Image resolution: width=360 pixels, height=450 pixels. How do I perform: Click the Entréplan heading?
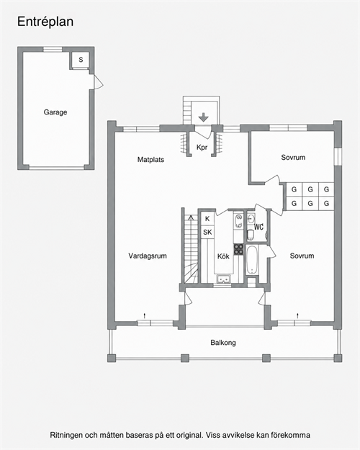pos(45,22)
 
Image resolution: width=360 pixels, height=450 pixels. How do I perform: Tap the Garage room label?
pos(55,112)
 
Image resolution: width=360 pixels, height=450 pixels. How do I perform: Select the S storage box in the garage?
pos(81,60)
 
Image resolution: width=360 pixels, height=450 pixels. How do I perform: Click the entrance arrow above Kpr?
pos(203,117)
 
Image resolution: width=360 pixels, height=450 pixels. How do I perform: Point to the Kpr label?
pos(202,147)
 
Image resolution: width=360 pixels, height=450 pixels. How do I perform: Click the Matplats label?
pos(150,160)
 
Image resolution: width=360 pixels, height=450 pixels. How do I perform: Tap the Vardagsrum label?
pos(148,256)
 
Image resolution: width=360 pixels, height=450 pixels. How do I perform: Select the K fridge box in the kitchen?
pos(207,219)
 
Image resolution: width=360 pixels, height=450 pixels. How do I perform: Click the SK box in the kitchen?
pos(207,232)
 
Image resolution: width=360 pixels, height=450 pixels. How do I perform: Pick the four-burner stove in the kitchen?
pos(238,249)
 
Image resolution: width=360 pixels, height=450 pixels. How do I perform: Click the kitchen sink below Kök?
pos(224,279)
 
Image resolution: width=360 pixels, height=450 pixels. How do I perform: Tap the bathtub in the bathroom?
pos(253,260)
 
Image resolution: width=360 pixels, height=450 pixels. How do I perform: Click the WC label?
pos(258,227)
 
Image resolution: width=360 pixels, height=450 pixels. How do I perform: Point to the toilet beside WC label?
pos(251,234)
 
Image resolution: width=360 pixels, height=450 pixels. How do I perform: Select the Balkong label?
pos(223,343)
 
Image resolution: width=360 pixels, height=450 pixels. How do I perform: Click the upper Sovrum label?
pos(293,157)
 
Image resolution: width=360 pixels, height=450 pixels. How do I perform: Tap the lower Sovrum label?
pos(302,256)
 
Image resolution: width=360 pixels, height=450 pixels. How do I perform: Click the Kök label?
pos(223,256)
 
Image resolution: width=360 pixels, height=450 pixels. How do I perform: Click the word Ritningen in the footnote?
pos(66,435)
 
